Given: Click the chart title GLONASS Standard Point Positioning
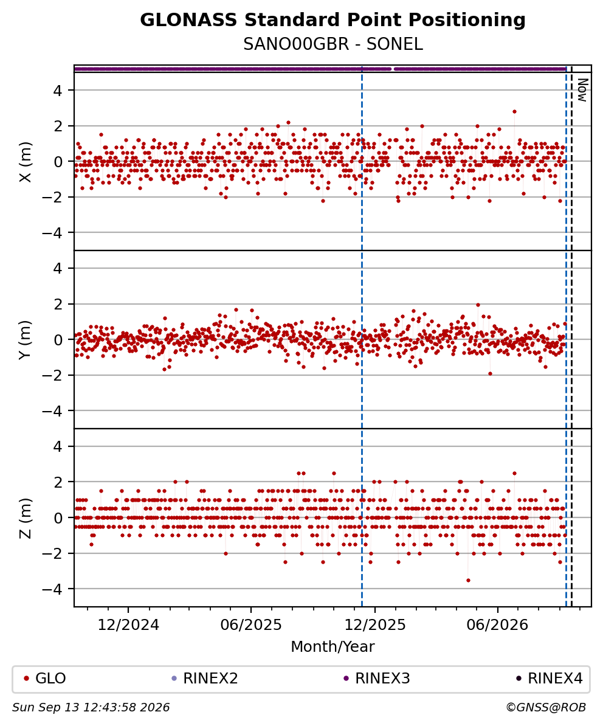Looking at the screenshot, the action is (333, 21).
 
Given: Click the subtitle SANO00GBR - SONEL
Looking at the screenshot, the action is (333, 44).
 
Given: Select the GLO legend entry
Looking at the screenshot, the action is (45, 679).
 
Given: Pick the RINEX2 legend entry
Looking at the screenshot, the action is (205, 679).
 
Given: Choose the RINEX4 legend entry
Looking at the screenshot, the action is (550, 679).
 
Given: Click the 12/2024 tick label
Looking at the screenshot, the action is (128, 625).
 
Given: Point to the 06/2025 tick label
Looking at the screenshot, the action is (251, 625).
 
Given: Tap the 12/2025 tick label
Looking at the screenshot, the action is (375, 625).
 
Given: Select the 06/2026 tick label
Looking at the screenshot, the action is (497, 625).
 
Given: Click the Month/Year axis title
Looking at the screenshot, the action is (333, 646).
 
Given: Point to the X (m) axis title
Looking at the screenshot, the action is (26, 162).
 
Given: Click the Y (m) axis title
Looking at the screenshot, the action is (26, 339).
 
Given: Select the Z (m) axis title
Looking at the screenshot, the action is (26, 517).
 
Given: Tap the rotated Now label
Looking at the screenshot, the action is (582, 90).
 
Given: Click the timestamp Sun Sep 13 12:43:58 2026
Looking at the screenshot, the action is (91, 708).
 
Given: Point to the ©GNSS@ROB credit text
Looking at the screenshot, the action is (546, 708).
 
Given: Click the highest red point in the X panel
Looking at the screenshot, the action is (515, 112).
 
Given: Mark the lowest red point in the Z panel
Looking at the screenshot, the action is (468, 580).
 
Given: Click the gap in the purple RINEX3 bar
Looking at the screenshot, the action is (393, 69).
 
